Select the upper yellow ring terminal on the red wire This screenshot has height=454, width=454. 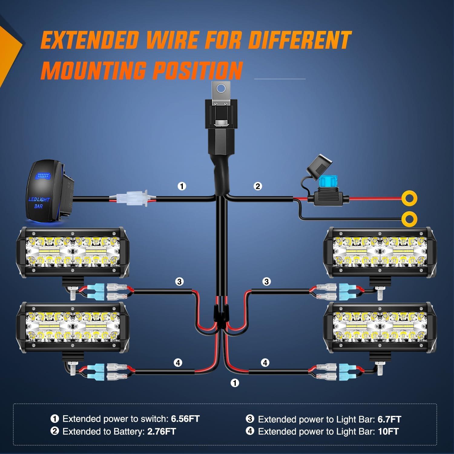pos(410,199)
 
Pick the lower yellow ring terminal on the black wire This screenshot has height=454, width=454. pos(410,219)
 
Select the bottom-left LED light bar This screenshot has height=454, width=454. pos(73,327)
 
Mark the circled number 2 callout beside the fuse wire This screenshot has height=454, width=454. pos(258,186)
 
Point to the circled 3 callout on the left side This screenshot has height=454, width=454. pos(179,282)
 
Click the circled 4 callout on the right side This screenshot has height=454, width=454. pos(265,363)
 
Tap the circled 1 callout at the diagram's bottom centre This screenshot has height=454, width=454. pos(235,383)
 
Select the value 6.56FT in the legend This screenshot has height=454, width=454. pos(185,419)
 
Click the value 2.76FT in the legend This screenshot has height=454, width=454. pos(161,431)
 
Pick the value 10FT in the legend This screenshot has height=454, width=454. pos(388,431)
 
